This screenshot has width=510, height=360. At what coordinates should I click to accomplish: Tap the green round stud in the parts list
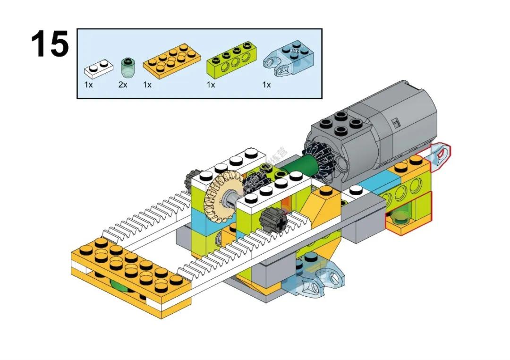[126, 68]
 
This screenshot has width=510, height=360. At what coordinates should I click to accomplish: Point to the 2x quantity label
[123, 85]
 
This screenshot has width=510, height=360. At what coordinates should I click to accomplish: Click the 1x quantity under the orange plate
[147, 85]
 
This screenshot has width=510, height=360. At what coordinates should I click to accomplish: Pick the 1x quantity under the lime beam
[211, 85]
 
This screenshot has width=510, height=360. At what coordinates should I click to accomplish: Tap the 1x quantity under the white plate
[88, 85]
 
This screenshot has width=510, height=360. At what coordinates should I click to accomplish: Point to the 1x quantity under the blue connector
[266, 85]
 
